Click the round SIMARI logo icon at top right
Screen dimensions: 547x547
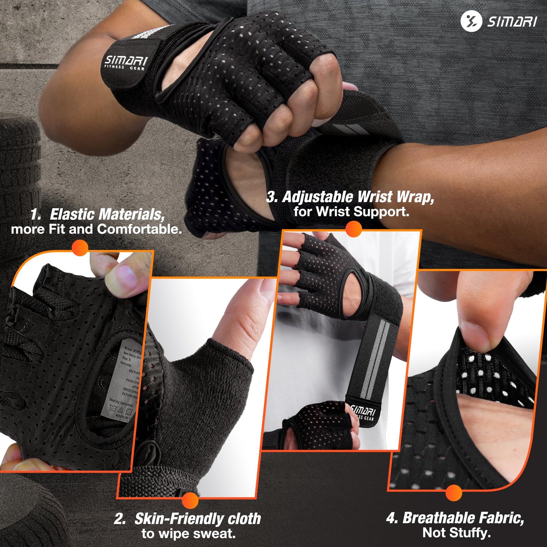[x=471, y=21]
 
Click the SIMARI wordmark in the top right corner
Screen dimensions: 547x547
[x=512, y=21]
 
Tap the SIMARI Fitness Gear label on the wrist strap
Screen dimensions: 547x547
[x=125, y=63]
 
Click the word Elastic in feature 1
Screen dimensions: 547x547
[x=72, y=214]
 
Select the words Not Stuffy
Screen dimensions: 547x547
[x=457, y=533]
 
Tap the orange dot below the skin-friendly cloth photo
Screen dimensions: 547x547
[x=190, y=500]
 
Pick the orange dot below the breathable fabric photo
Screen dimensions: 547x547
[x=454, y=493]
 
